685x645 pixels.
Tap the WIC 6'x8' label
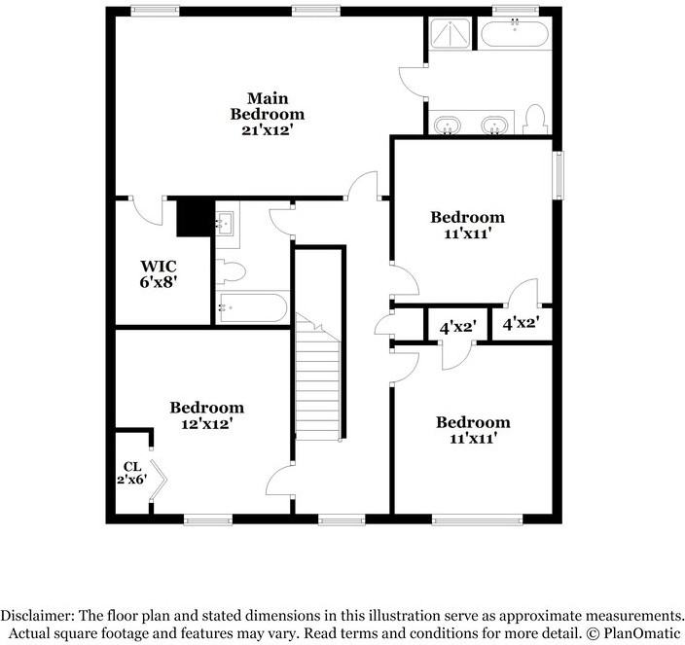(x=159, y=272)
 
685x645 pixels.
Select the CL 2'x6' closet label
(x=132, y=473)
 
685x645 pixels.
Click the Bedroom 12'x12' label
(x=206, y=415)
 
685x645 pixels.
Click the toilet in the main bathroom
(x=533, y=120)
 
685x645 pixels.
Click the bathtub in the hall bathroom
(x=252, y=308)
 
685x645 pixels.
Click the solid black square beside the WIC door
(x=194, y=218)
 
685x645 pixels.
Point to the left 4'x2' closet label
(x=456, y=327)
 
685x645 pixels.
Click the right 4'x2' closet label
(x=521, y=321)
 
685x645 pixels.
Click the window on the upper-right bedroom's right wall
(x=558, y=174)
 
